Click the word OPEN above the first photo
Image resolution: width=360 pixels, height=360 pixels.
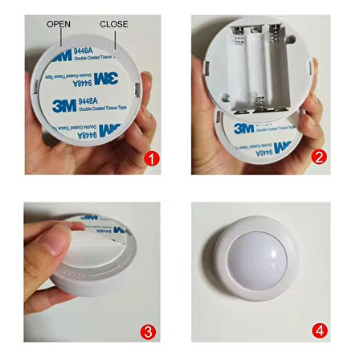(59, 24)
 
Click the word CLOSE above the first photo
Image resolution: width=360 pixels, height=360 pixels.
(113, 24)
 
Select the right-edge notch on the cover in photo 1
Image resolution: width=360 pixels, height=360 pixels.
(147, 82)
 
